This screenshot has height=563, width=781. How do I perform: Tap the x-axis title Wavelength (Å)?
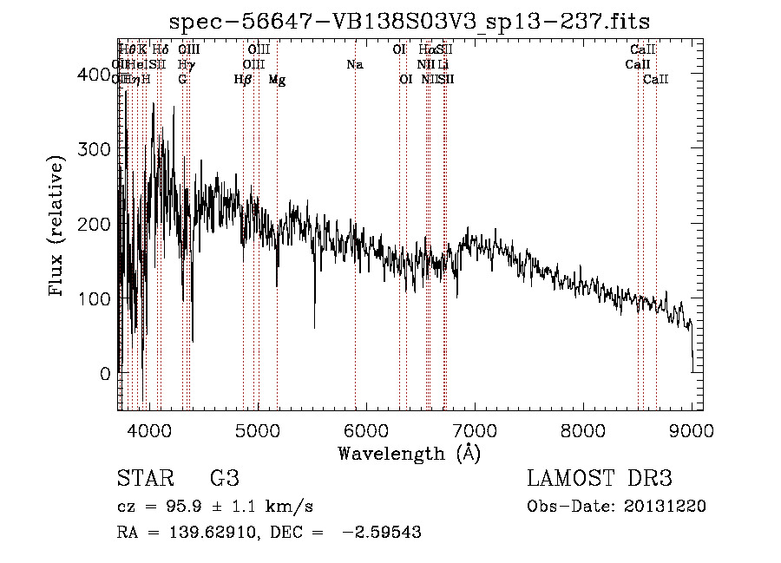point(409,453)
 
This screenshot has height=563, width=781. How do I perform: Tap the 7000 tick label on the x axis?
point(475,429)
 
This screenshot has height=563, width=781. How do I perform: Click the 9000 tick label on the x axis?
point(692,429)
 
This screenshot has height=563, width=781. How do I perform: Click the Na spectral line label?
point(354,64)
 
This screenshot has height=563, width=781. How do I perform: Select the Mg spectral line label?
point(277,80)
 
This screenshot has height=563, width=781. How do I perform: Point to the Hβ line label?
point(243,80)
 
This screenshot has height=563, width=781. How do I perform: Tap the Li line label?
point(443,64)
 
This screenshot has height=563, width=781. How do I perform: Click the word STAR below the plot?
point(144,479)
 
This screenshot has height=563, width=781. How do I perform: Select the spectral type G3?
point(224,479)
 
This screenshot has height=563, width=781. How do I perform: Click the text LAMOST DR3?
point(600,479)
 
